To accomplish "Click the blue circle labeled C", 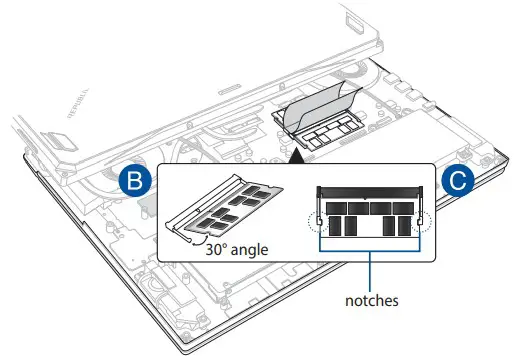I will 456,183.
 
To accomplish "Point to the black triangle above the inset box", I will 296,155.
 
